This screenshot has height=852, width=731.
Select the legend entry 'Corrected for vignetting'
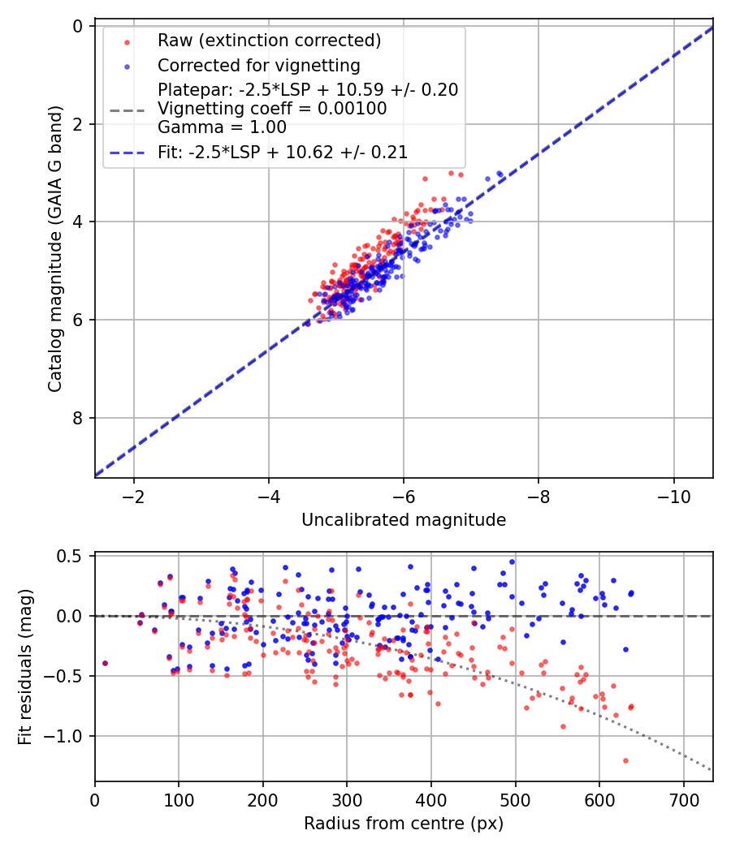tap(258, 65)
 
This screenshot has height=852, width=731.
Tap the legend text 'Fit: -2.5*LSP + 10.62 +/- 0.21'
tap(283, 152)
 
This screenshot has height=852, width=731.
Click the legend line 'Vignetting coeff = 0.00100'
tap(272, 108)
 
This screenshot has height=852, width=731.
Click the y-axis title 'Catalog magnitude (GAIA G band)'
tap(54, 252)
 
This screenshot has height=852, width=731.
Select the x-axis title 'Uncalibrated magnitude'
tap(404, 520)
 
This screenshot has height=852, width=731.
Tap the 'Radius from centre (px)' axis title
tap(404, 824)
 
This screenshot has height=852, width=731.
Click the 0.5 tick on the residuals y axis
tap(76, 556)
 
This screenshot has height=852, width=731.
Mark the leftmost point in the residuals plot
tap(105, 663)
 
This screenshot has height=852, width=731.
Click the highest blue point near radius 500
tap(512, 562)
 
